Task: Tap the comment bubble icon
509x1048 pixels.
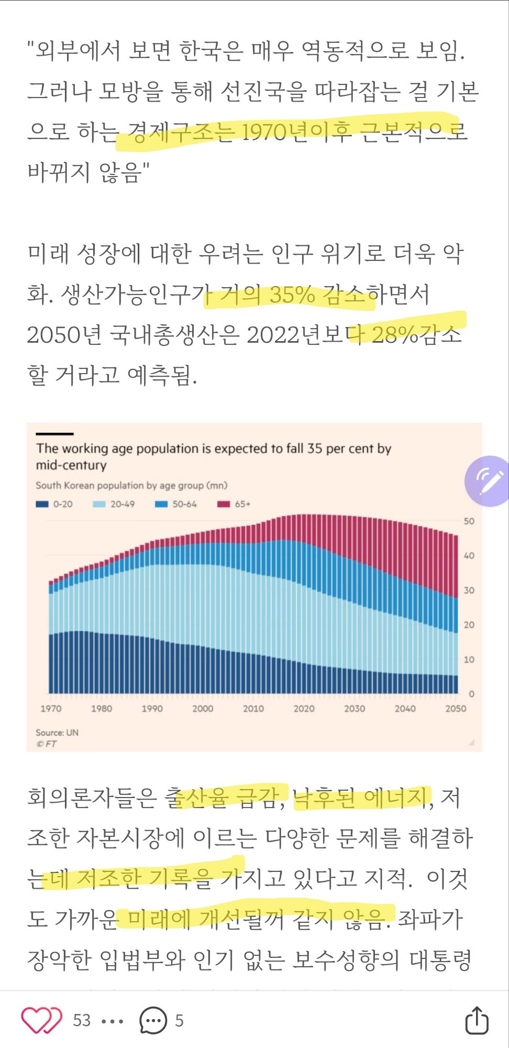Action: click(x=152, y=1020)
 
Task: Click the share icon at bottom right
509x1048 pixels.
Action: click(x=477, y=1020)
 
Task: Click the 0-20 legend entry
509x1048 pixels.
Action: click(x=54, y=504)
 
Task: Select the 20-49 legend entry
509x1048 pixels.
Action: click(x=114, y=504)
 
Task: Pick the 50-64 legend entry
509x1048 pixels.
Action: click(x=176, y=504)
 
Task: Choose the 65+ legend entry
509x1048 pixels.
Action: click(x=235, y=504)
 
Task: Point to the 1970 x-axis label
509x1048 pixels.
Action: click(x=51, y=708)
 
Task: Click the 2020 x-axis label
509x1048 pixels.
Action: click(x=304, y=708)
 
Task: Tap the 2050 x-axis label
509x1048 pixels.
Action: click(x=456, y=708)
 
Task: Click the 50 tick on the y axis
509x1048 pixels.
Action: click(x=469, y=521)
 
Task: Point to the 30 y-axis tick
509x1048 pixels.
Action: click(x=469, y=591)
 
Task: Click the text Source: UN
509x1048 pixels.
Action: click(x=57, y=733)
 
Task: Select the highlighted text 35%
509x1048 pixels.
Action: click(x=292, y=295)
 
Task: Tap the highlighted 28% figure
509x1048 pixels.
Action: click(x=395, y=335)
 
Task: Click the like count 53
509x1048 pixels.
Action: click(x=82, y=1020)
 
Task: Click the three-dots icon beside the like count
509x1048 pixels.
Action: click(x=112, y=1021)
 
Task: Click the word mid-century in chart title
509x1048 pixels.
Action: click(x=71, y=465)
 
